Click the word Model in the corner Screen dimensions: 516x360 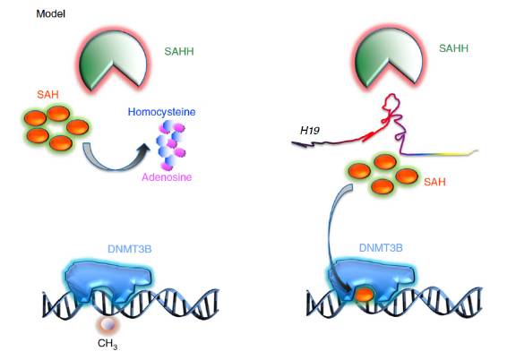[x=51, y=13]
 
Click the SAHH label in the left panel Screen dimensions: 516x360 [x=179, y=52]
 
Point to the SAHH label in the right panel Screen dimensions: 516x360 [x=453, y=48]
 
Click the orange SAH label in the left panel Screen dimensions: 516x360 [x=47, y=95]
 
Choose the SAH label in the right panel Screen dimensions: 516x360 [x=434, y=182]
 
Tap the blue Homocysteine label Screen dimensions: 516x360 [x=161, y=112]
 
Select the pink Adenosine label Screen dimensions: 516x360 [x=167, y=177]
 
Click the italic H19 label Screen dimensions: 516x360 [x=310, y=131]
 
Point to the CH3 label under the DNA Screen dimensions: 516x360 [x=107, y=344]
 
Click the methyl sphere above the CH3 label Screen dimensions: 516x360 [x=107, y=325]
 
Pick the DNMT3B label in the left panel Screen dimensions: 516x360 [x=130, y=249]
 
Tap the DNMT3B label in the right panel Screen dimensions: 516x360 [x=381, y=247]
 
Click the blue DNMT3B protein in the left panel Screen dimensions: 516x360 [x=108, y=279]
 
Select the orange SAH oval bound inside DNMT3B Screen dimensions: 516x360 [x=365, y=295]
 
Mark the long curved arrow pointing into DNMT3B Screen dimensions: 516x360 [x=330, y=237]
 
